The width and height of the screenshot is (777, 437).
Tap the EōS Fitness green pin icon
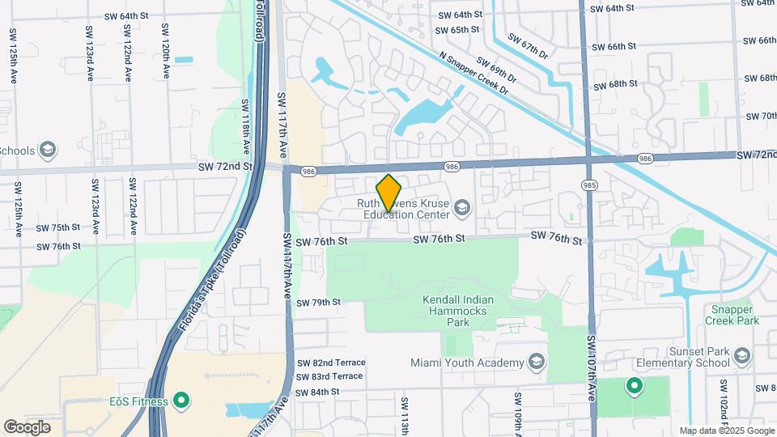click(182, 401)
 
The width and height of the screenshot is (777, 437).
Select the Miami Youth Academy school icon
click(536, 362)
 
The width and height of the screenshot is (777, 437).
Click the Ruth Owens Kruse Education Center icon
click(462, 209)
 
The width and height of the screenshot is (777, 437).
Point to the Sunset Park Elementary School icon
click(741, 355)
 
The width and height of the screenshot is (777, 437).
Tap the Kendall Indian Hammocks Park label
click(458, 311)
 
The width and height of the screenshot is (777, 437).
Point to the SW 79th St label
click(318, 303)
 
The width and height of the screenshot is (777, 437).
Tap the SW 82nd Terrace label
click(331, 363)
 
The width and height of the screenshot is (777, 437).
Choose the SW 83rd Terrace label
click(329, 376)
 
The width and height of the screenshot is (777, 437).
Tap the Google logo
click(27, 426)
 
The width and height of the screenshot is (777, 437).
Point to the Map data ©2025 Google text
click(726, 431)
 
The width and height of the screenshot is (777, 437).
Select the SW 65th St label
click(457, 30)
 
